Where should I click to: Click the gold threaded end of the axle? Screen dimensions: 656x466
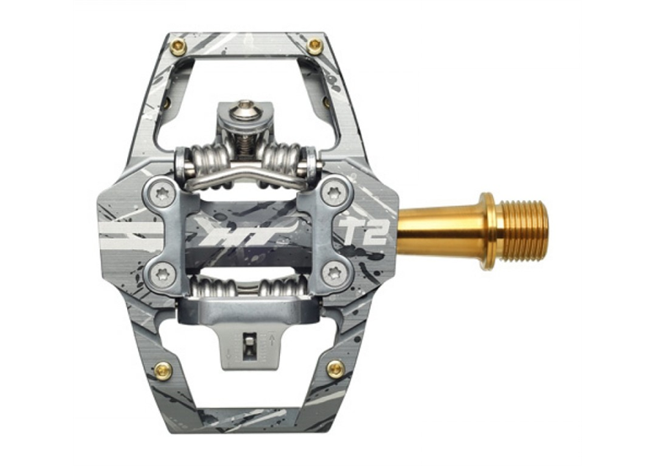point(525,231)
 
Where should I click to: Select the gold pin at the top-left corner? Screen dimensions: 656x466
point(179,45)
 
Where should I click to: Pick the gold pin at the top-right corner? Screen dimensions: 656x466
point(315,45)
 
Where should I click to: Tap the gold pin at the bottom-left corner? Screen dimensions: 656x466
point(163,369)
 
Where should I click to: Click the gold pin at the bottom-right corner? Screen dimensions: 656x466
point(335,369)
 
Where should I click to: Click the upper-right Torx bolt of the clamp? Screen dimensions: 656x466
point(333,193)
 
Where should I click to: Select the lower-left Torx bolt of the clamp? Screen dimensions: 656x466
point(162,274)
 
